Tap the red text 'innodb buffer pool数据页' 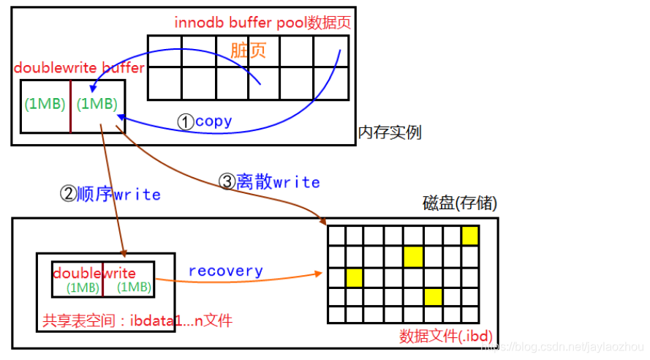tap(262, 22)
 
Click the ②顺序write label tap(109, 195)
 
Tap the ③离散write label tap(270, 182)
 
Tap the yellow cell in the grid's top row tap(470, 236)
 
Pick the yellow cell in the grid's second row tap(413, 256)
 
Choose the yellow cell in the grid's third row tap(355, 277)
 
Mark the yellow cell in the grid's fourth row tap(432, 296)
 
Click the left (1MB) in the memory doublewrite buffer tap(45, 104)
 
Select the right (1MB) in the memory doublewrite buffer tap(97, 104)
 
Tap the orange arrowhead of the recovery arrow tap(320, 274)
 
